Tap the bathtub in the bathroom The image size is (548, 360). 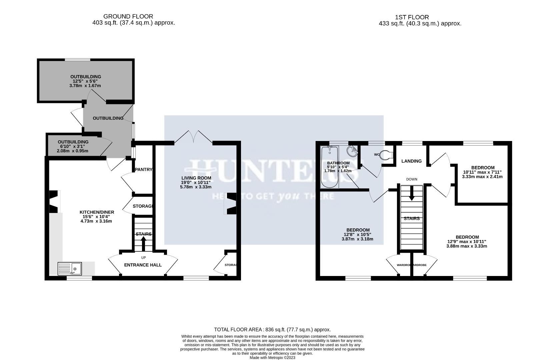(x=330, y=167)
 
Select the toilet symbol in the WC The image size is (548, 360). (x=387, y=155)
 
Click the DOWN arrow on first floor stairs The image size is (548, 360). (x=412, y=193)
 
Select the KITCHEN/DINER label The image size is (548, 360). (x=97, y=212)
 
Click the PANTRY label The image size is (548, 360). (x=144, y=169)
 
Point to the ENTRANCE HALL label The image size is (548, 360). (x=143, y=265)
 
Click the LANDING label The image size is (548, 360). (x=411, y=161)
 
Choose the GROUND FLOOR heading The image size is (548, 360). (x=128, y=16)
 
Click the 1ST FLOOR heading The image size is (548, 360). (x=412, y=17)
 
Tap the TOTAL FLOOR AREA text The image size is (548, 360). (x=272, y=329)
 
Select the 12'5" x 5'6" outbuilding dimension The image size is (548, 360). (x=85, y=81)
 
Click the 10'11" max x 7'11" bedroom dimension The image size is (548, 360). (x=482, y=172)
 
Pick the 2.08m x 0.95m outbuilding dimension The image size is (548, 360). (x=72, y=151)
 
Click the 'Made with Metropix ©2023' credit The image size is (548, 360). (x=272, y=358)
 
